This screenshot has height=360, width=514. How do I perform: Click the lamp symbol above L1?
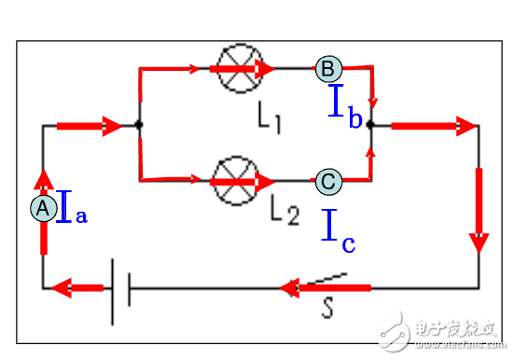[234, 68]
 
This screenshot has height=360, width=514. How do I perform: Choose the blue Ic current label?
[338, 232]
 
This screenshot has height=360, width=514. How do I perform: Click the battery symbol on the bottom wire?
[119, 288]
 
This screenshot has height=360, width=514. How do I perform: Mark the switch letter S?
[328, 309]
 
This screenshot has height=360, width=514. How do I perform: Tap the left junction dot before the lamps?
[138, 124]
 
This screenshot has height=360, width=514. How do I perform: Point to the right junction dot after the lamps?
[370, 124]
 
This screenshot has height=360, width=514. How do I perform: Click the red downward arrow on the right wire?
[479, 210]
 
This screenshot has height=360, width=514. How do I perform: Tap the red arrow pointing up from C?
[371, 159]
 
